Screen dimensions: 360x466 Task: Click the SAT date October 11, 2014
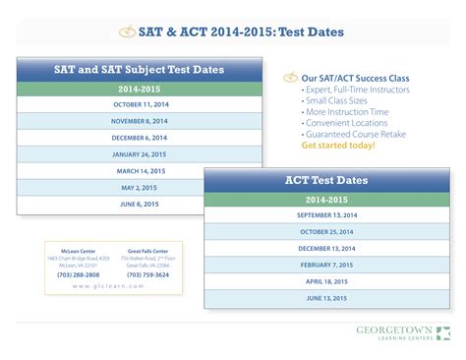click(141, 104)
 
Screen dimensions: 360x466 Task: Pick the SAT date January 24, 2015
click(141, 154)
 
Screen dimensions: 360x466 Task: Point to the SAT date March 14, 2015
click(141, 171)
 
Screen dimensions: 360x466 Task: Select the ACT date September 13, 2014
click(326, 215)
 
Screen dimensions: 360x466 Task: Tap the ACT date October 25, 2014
click(326, 232)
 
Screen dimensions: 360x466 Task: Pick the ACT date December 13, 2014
click(326, 249)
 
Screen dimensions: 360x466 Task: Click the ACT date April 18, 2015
click(326, 281)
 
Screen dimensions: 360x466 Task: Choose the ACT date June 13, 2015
click(326, 298)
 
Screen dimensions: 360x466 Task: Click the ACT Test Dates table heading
click(326, 180)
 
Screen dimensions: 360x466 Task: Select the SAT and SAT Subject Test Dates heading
click(139, 70)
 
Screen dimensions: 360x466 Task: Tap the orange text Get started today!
click(338, 145)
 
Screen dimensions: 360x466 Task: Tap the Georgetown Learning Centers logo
click(402, 331)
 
